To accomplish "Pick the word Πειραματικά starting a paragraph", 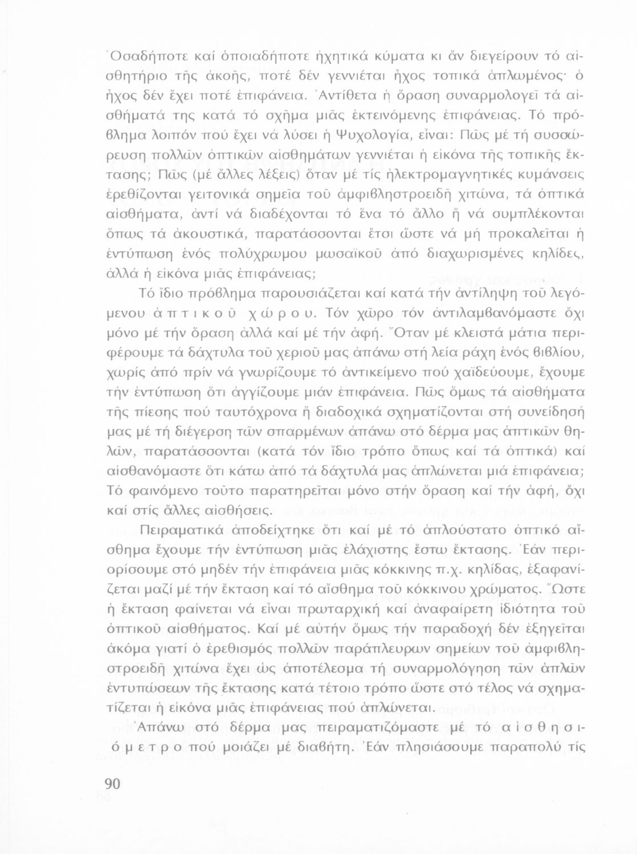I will (180, 531).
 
